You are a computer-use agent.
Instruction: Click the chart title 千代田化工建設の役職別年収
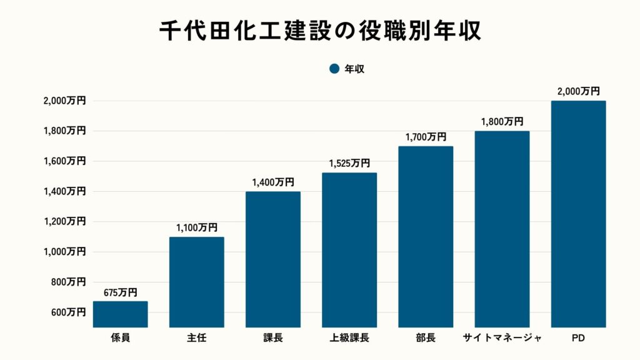[x=320, y=31]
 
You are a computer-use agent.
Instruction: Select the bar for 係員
[x=120, y=314]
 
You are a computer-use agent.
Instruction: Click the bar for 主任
[x=196, y=282]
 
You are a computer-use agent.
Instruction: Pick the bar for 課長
[x=272, y=259]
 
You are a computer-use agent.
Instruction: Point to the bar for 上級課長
[x=349, y=250]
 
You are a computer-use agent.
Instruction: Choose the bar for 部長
[x=426, y=237]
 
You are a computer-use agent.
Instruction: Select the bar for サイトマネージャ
[x=502, y=229]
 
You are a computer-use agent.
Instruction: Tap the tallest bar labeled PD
[x=578, y=214]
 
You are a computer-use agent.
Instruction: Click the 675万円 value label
[x=120, y=292]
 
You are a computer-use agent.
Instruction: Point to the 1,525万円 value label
[x=349, y=163]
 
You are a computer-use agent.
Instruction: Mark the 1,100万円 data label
[x=196, y=227]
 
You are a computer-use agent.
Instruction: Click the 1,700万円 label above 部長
[x=426, y=137]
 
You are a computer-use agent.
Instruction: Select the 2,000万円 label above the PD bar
[x=578, y=91]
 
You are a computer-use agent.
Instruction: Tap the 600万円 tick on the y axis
[x=64, y=312]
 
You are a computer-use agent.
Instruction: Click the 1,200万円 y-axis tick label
[x=64, y=221]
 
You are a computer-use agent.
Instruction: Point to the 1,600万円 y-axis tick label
[x=64, y=161]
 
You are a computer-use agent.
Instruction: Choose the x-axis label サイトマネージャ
[x=502, y=338]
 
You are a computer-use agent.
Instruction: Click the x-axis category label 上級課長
[x=349, y=338]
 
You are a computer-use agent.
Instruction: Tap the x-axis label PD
[x=578, y=338]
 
